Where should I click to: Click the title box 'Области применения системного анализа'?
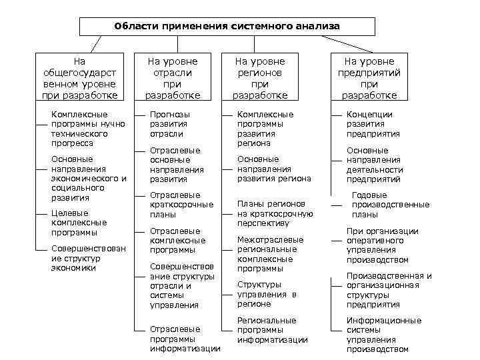[227, 26]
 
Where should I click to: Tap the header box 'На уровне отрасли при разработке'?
[173, 78]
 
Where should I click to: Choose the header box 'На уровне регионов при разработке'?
[260, 78]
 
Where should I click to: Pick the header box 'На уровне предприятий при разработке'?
[369, 78]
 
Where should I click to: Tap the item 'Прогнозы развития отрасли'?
[169, 124]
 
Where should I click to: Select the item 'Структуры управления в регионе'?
[267, 293]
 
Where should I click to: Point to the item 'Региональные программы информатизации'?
[272, 330]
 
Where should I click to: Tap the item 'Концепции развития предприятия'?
[373, 124]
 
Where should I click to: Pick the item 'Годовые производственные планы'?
[390, 205]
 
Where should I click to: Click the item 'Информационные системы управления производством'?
[383, 335]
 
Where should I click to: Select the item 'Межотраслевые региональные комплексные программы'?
[270, 253]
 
